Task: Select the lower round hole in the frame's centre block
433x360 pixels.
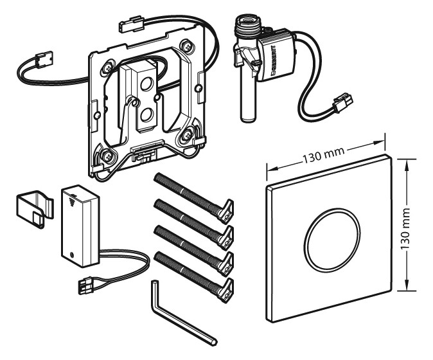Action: point(147,114)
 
